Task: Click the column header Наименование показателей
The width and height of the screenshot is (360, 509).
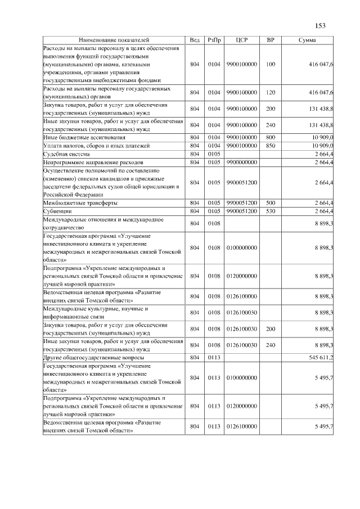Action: click(x=114, y=40)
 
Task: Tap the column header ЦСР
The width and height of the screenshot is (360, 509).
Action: click(x=241, y=40)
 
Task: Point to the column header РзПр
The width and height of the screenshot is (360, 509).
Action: click(x=214, y=40)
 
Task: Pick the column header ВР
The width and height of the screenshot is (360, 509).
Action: click(x=271, y=40)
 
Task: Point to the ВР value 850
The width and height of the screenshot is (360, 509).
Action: click(x=271, y=146)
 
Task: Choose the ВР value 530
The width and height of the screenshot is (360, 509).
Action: click(x=271, y=211)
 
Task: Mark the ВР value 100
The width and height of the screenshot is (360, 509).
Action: click(x=271, y=65)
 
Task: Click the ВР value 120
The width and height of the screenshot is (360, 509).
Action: click(x=271, y=92)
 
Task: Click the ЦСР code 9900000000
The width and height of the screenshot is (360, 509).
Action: click(x=241, y=163)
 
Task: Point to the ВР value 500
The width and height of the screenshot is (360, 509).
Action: click(x=271, y=202)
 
